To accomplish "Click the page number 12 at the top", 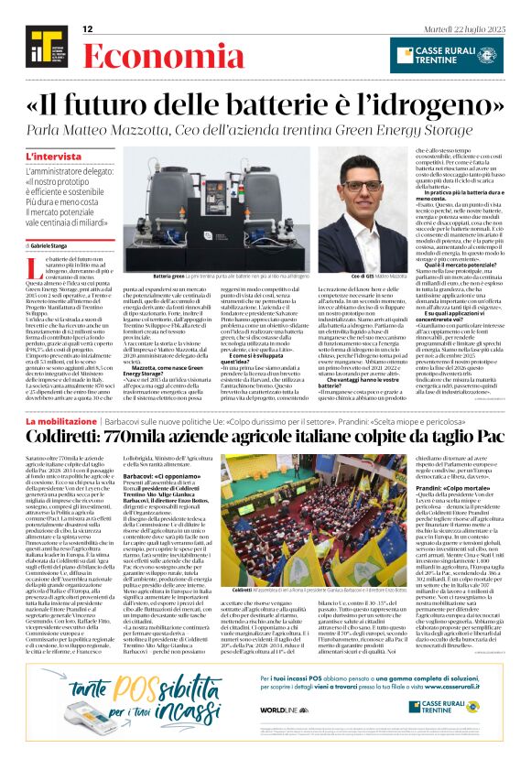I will tap(88, 29).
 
